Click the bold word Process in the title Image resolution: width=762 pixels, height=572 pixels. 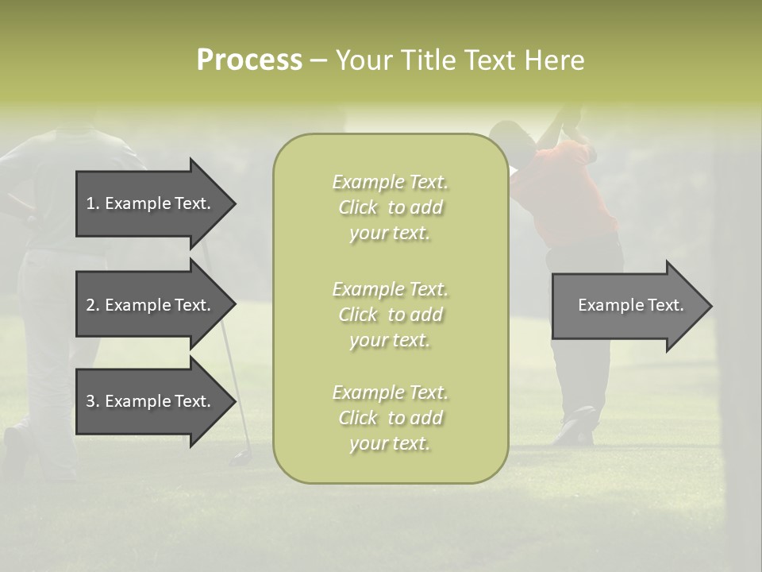(x=249, y=60)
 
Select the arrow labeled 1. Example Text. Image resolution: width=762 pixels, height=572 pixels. (x=151, y=203)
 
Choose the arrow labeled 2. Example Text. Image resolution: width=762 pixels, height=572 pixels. (x=151, y=305)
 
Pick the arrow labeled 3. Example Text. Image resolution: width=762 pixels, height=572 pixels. (x=151, y=401)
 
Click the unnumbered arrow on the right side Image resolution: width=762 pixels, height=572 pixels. (x=627, y=306)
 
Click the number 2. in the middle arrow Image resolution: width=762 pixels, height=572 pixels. (x=93, y=305)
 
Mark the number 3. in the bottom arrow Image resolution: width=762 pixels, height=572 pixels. (x=93, y=401)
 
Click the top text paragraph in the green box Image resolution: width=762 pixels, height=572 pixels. (x=390, y=207)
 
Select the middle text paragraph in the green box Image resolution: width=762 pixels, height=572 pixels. (x=390, y=315)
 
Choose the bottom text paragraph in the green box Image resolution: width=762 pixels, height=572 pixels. (x=390, y=418)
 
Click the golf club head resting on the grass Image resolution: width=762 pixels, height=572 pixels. (x=240, y=458)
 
